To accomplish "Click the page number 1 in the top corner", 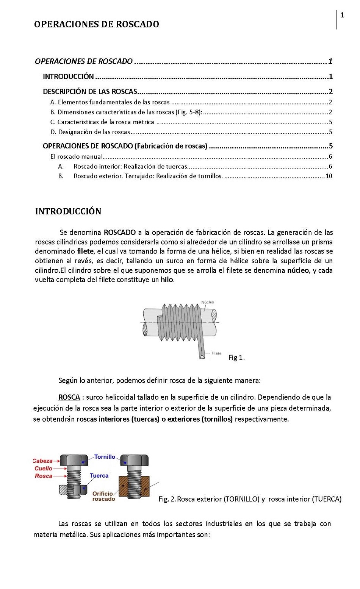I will point(342,15).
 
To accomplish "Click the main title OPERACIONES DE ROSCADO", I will point(97,24).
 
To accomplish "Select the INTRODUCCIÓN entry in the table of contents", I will point(68,77).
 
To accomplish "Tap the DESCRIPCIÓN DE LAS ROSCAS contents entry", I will point(90,91).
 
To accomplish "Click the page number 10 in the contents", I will point(329,176).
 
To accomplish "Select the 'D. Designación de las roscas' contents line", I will point(90,132).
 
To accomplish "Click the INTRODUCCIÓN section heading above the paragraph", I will point(68,211).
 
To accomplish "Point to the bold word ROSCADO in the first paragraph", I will point(119,232).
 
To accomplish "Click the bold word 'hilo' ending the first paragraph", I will point(167,280).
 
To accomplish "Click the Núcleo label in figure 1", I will point(207,302).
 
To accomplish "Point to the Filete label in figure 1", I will point(216,353).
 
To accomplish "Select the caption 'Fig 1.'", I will point(236,358).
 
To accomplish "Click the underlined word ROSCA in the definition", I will point(69,397).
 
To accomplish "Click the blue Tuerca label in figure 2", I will point(99,475).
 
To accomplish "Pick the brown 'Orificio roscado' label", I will point(103,496).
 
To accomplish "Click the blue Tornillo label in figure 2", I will point(105,457).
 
